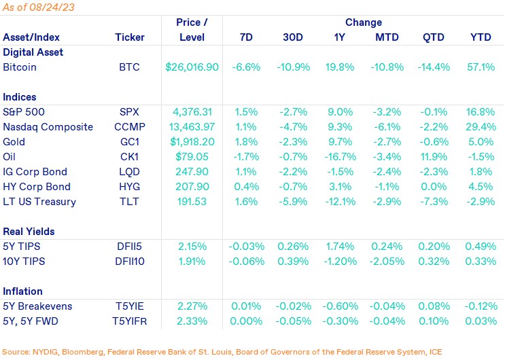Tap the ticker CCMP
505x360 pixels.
click(x=129, y=126)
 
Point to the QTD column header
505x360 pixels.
click(x=432, y=37)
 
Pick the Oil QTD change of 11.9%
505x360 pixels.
click(x=432, y=156)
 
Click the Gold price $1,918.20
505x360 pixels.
click(x=192, y=141)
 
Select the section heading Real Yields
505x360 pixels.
click(x=29, y=231)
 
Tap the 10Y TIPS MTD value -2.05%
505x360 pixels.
click(x=386, y=261)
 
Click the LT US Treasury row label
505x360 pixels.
click(x=39, y=201)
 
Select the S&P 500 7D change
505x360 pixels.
click(x=246, y=111)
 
